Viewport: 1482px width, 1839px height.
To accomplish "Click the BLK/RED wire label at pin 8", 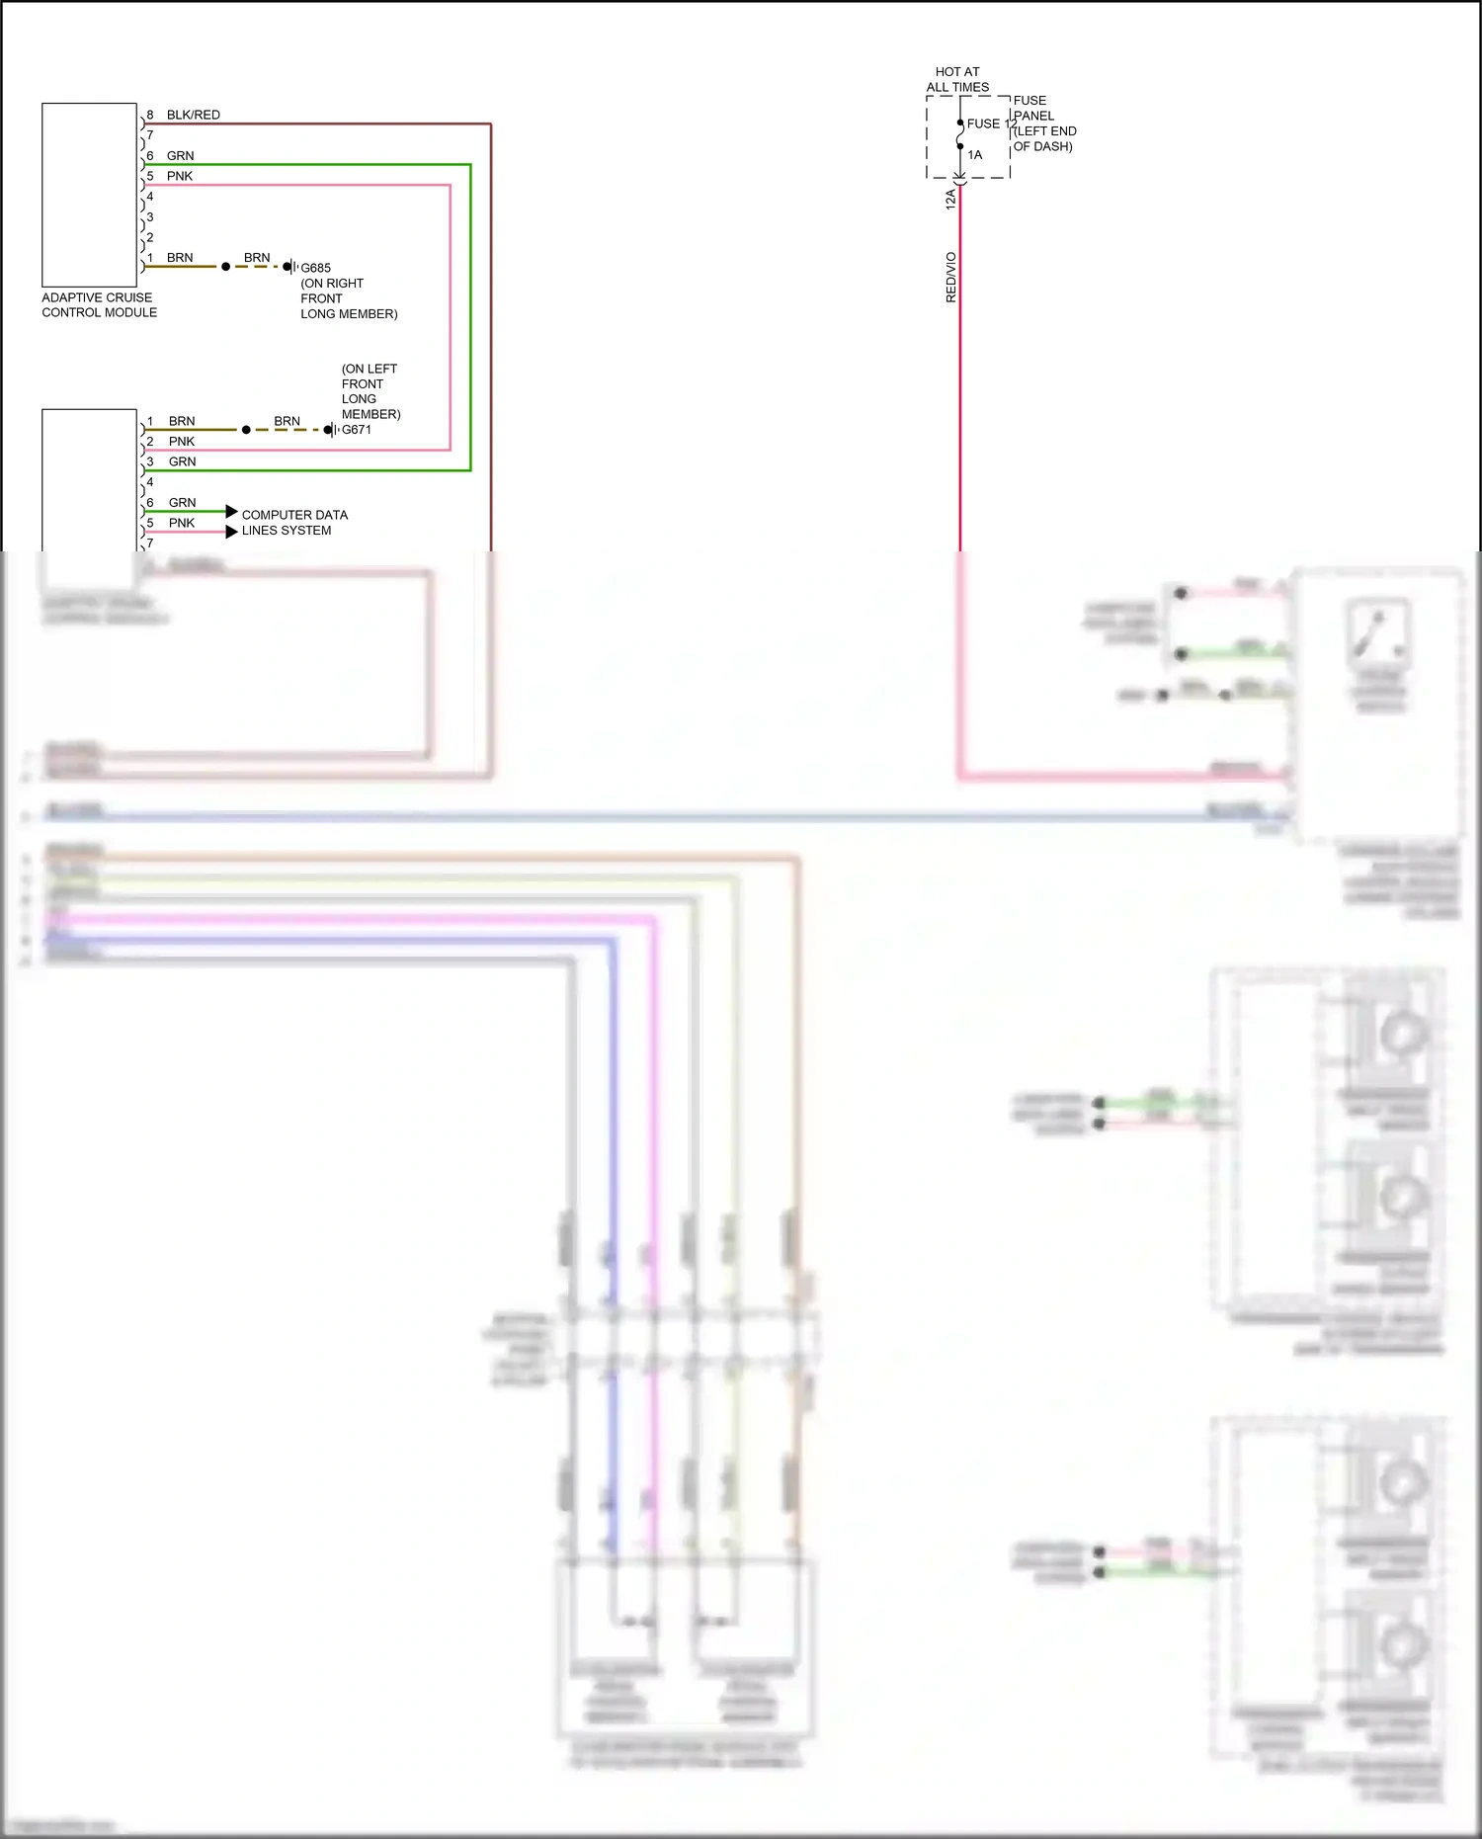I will tap(193, 115).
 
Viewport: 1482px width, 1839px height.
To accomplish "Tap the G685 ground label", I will tap(315, 268).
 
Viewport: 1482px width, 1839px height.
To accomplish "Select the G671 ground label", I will tap(357, 430).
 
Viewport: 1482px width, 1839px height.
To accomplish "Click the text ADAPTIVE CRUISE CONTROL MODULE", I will tap(99, 304).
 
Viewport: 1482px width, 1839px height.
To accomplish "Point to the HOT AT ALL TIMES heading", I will tap(957, 79).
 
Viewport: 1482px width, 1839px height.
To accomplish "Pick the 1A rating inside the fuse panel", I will tap(975, 155).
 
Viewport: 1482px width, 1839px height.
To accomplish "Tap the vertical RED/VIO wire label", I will tap(951, 277).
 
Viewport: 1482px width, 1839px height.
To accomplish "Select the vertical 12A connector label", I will tap(950, 199).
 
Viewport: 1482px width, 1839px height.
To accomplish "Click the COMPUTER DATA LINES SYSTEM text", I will tap(294, 523).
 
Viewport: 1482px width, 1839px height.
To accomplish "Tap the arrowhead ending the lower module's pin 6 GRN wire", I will tap(231, 511).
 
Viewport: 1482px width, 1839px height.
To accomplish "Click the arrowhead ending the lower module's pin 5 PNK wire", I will tap(231, 532).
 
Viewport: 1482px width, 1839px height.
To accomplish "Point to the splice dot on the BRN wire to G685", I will tap(225, 267).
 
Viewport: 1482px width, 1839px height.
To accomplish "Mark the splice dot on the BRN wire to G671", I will tap(246, 430).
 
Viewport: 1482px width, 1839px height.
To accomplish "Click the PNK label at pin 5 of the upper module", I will tap(180, 176).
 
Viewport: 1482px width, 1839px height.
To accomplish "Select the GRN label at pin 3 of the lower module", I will tap(182, 461).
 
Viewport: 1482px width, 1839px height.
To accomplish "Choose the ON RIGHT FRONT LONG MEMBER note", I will tap(348, 298).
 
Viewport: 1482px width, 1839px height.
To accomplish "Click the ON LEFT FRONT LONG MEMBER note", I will tap(370, 391).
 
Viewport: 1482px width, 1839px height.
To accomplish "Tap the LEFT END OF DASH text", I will tap(1044, 138).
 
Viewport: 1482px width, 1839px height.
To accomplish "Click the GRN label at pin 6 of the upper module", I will tap(180, 155).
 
